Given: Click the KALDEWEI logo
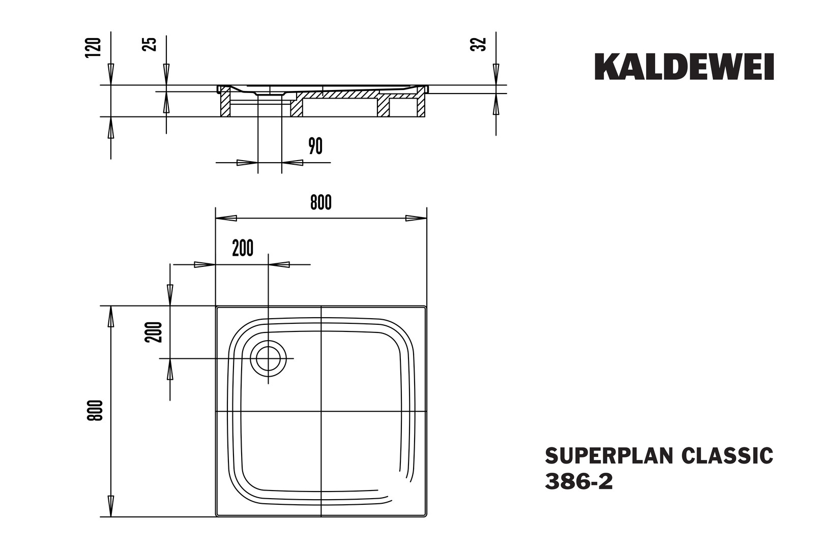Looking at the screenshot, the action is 684,67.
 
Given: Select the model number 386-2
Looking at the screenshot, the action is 579,481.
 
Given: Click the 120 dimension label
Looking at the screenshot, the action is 93,47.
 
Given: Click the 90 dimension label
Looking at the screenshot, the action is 315,146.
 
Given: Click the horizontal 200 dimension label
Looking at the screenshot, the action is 243,249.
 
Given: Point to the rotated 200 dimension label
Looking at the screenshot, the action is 153,332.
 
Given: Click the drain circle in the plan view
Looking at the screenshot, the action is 268,359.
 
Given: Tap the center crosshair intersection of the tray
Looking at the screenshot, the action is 320,411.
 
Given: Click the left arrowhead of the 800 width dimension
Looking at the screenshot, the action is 226,219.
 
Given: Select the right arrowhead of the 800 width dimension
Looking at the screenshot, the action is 416,219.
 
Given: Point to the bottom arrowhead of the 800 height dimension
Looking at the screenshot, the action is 111,506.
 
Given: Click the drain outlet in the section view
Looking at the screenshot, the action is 270,94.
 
